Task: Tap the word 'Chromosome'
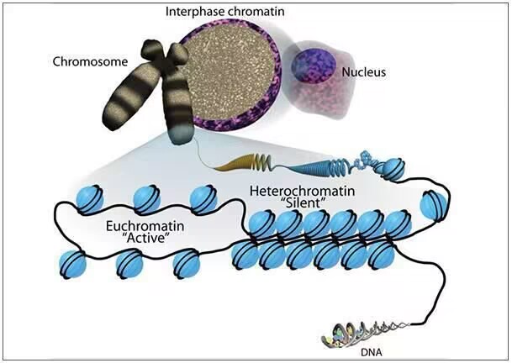[x=89, y=62]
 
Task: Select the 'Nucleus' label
[x=363, y=72]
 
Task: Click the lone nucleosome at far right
[x=432, y=204]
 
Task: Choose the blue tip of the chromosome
[x=180, y=130]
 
